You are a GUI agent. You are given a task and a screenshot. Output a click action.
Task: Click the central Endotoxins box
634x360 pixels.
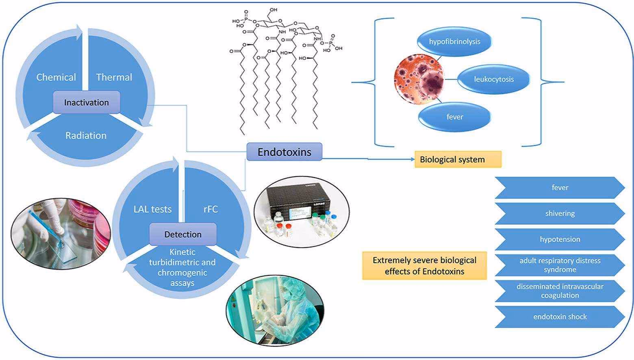(284, 152)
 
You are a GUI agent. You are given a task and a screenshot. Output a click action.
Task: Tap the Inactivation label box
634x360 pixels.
(86, 102)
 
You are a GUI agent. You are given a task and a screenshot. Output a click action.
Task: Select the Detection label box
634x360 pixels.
(183, 234)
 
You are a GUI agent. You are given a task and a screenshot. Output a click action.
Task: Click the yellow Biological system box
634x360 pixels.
(458, 159)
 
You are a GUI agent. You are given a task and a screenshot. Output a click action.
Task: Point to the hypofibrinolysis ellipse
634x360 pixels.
(454, 41)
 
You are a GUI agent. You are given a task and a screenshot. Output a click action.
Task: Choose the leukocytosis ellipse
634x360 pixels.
(494, 79)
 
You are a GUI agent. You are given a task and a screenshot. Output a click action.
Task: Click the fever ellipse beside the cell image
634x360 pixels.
(454, 117)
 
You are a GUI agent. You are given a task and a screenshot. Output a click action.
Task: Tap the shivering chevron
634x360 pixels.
(560, 214)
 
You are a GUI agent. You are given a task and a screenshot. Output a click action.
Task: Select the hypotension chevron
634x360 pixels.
(560, 239)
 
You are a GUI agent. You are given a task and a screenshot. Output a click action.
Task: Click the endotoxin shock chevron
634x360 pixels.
(560, 317)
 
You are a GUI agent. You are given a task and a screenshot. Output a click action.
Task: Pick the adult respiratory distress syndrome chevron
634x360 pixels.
(560, 265)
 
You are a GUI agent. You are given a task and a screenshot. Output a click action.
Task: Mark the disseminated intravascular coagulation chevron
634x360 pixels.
(560, 291)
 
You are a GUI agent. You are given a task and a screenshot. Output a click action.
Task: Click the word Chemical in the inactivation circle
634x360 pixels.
(56, 77)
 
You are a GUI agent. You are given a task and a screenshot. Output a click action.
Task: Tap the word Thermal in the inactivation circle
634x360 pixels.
(114, 77)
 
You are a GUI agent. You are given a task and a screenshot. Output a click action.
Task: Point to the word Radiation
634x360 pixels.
(86, 135)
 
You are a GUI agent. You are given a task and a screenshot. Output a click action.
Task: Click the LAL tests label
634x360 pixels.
(152, 209)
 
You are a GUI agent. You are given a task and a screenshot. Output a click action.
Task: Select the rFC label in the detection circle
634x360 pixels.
(211, 209)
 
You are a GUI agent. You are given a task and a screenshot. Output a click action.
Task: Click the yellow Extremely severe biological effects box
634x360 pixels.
(424, 266)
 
